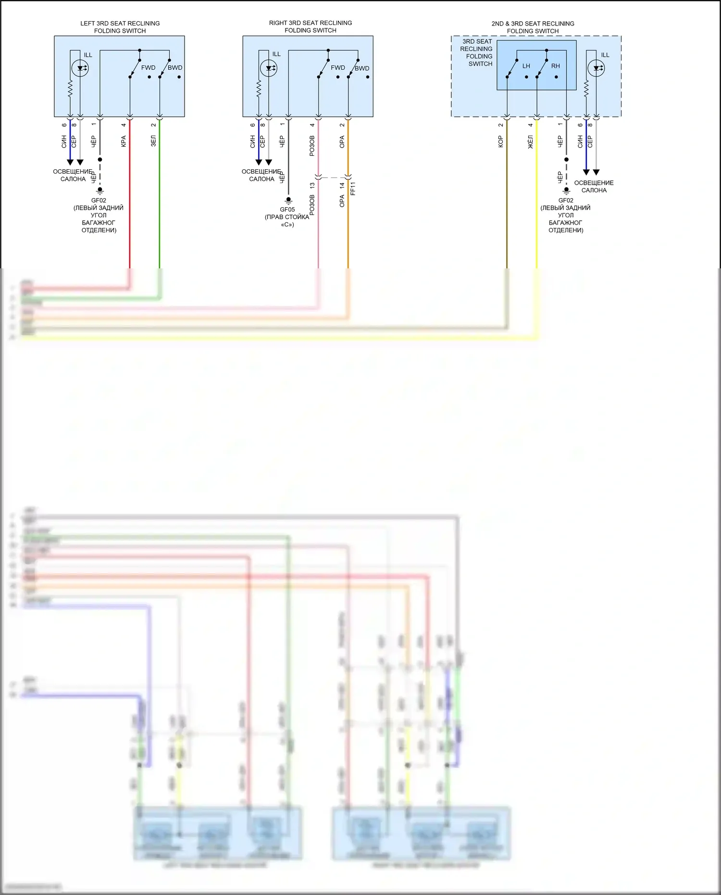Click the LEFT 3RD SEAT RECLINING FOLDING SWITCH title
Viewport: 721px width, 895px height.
pyautogui.click(x=120, y=27)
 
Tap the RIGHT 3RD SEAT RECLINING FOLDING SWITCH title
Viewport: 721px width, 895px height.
pyautogui.click(x=310, y=26)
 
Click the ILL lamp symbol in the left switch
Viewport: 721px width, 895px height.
pyautogui.click(x=80, y=68)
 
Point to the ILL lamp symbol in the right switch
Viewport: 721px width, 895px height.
pyautogui.click(x=268, y=68)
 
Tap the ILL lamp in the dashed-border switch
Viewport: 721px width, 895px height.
pyautogui.click(x=596, y=68)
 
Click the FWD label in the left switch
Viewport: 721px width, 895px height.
pyautogui.click(x=148, y=68)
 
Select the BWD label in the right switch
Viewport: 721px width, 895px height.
pyautogui.click(x=362, y=68)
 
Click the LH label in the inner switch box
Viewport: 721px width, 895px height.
pyautogui.click(x=526, y=66)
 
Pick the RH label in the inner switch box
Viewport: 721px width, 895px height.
pyautogui.click(x=556, y=66)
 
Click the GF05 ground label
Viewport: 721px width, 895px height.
pyautogui.click(x=287, y=210)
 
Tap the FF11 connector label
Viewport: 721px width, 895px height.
pyautogui.click(x=353, y=189)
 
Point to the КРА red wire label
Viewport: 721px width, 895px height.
pyautogui.click(x=124, y=141)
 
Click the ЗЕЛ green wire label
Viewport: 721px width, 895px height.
pyautogui.click(x=153, y=141)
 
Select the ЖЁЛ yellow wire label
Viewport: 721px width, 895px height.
pyautogui.click(x=531, y=142)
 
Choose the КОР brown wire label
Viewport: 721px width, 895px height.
pyautogui.click(x=500, y=141)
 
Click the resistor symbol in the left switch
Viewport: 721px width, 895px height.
pyautogui.click(x=70, y=88)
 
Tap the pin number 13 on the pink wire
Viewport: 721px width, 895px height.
pyautogui.click(x=312, y=185)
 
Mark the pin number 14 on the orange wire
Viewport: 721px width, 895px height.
pyautogui.click(x=342, y=185)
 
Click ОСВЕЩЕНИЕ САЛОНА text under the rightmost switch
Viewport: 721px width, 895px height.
pyautogui.click(x=594, y=187)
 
